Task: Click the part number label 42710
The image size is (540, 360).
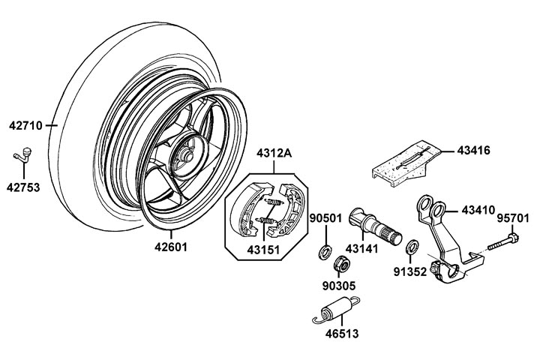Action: (x=27, y=125)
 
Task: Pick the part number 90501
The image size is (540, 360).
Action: (x=326, y=218)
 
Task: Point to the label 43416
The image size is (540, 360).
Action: (x=474, y=150)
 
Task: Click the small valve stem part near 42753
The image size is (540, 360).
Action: (x=24, y=154)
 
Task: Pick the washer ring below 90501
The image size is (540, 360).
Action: (x=325, y=250)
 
